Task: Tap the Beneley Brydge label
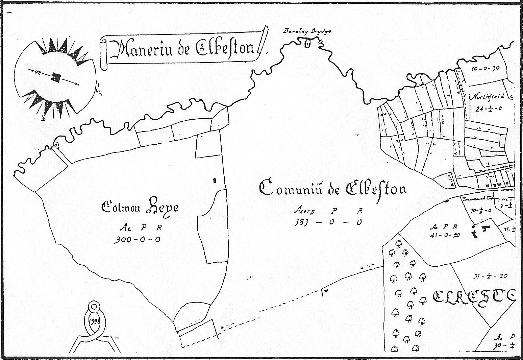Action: pyautogui.click(x=307, y=31)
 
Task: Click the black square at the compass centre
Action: pyautogui.click(x=55, y=78)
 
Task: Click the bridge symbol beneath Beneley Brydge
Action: pyautogui.click(x=307, y=43)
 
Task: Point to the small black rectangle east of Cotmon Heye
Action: pyautogui.click(x=215, y=181)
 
